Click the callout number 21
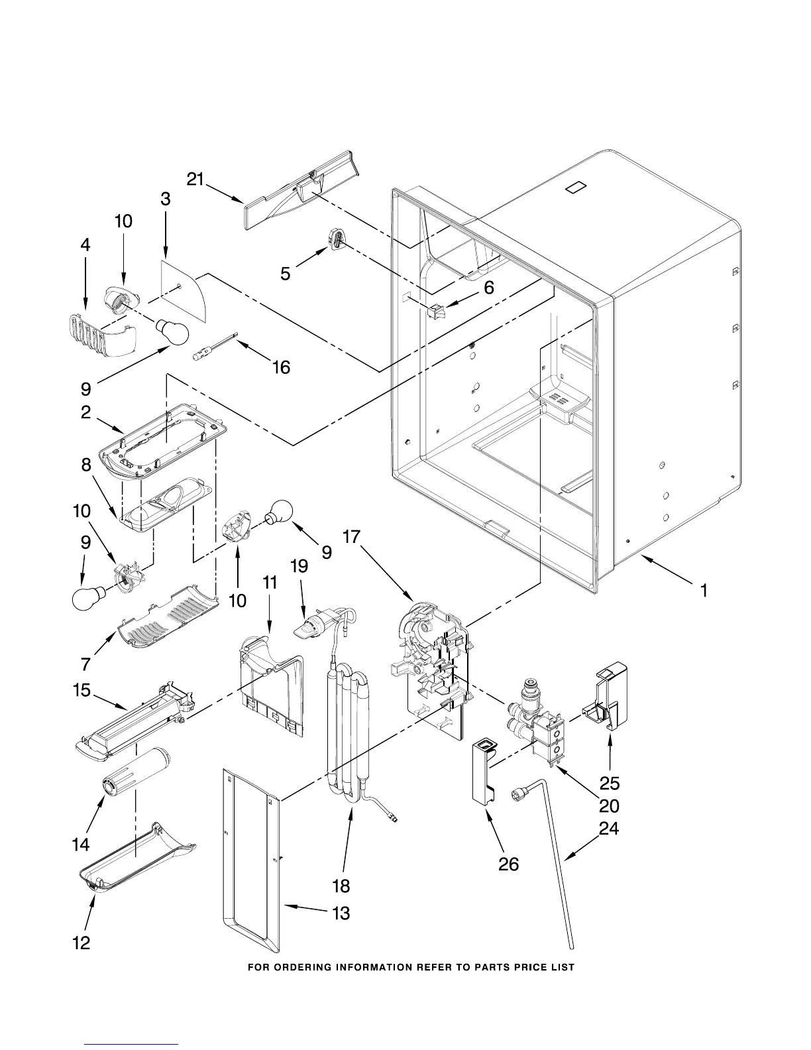pyautogui.click(x=195, y=180)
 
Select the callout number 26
pyautogui.click(x=508, y=864)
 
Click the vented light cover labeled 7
pyautogui.click(x=166, y=617)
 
